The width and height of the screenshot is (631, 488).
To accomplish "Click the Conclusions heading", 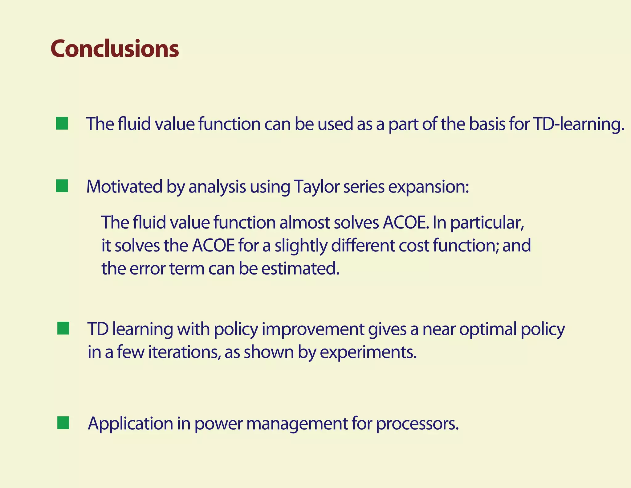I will (115, 49).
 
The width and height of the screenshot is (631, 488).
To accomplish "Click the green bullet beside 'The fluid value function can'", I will (62, 123).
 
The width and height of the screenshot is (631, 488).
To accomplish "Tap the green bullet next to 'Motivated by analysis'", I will (62, 186).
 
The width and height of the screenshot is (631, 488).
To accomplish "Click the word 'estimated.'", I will (300, 269).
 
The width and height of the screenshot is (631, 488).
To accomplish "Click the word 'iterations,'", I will (184, 352).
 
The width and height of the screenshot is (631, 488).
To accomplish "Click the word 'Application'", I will (130, 424).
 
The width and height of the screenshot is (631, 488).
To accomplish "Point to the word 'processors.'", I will (417, 424).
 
